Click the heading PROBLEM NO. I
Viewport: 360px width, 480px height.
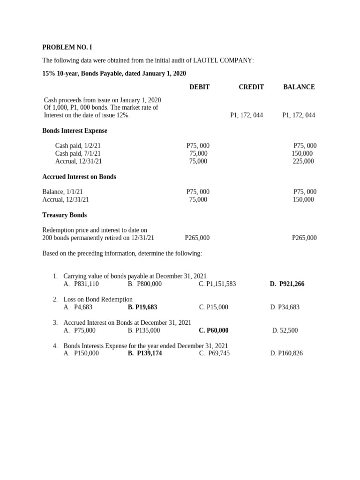pyautogui.click(x=70, y=47)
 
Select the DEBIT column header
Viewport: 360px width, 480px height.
pyautogui.click(x=199, y=87)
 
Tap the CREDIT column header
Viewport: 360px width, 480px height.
pyautogui.click(x=251, y=87)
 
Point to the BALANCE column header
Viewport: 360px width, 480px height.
pyautogui.click(x=299, y=87)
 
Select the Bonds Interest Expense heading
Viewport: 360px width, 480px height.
pyautogui.click(x=75, y=131)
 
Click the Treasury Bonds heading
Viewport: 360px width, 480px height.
pyautogui.click(x=64, y=215)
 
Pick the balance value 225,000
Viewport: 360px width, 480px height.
pyautogui.click(x=303, y=161)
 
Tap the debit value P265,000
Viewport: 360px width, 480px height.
pyautogui.click(x=197, y=238)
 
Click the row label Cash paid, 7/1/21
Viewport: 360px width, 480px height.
pyautogui.click(x=78, y=153)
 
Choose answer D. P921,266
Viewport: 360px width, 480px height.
pyautogui.click(x=287, y=284)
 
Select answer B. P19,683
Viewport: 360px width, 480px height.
pyautogui.click(x=142, y=307)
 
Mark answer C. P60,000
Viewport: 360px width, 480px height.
pyautogui.click(x=214, y=330)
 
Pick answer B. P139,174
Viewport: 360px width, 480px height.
pyautogui.click(x=145, y=353)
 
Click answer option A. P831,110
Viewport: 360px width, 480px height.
pyautogui.click(x=81, y=284)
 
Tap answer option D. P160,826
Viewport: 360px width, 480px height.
pyautogui.click(x=286, y=353)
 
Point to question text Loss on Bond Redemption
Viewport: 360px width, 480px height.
pyautogui.click(x=98, y=300)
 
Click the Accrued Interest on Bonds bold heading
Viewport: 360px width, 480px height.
pyautogui.click(x=79, y=177)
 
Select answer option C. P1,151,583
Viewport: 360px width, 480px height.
pyautogui.click(x=217, y=284)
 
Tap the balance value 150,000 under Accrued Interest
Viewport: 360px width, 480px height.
pyautogui.click(x=303, y=200)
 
